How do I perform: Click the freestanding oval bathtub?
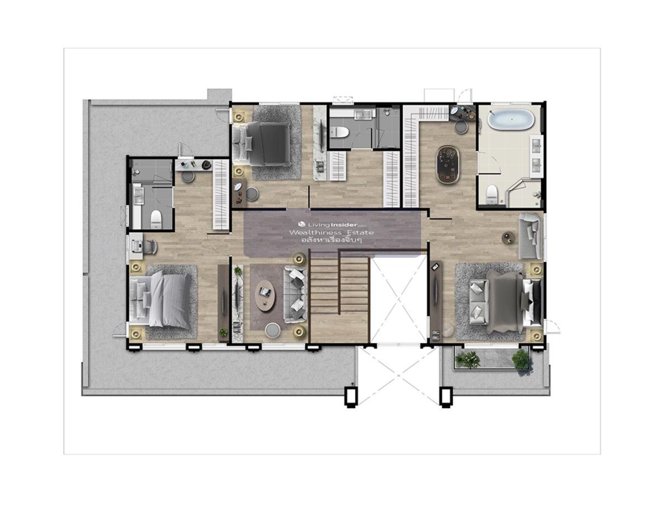pyautogui.click(x=511, y=119)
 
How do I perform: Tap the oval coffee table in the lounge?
pyautogui.click(x=265, y=295)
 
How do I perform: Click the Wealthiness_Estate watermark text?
pyautogui.click(x=331, y=232)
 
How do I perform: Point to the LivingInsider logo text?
pyautogui.click(x=332, y=225)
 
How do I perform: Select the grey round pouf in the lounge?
pyautogui.click(x=273, y=330)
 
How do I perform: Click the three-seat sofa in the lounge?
pyautogui.click(x=295, y=294)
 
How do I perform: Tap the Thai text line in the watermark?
pyautogui.click(x=331, y=241)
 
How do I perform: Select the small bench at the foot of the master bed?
pyautogui.click(x=479, y=303)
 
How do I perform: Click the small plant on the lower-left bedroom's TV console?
pyautogui.click(x=224, y=332)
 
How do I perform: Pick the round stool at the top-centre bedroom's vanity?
pyautogui.click(x=252, y=194)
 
